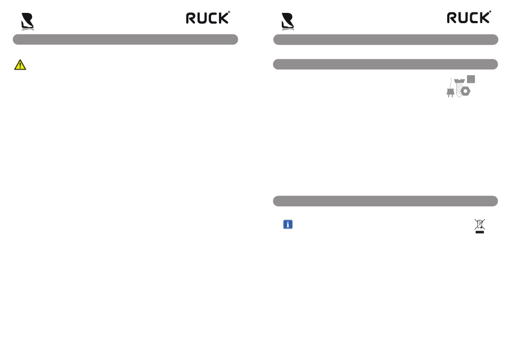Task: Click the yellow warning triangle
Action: click(20, 65)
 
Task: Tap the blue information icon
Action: click(288, 225)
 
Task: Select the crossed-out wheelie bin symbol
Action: click(479, 224)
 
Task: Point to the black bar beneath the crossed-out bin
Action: click(479, 232)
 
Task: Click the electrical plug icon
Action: click(450, 92)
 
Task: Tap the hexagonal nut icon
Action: click(466, 91)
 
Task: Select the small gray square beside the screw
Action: click(471, 79)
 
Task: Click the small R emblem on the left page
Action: click(27, 21)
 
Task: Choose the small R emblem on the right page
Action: click(288, 21)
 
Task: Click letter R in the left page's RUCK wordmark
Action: click(192, 18)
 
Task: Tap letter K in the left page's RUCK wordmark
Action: click(224, 18)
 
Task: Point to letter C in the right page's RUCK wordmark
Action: click(474, 18)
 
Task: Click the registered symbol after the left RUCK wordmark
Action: click(229, 12)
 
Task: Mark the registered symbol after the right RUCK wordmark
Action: click(490, 12)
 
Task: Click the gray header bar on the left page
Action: click(125, 39)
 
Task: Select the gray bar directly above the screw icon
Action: click(385, 64)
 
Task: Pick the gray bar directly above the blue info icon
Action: click(385, 201)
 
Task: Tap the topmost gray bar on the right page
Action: click(385, 39)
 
